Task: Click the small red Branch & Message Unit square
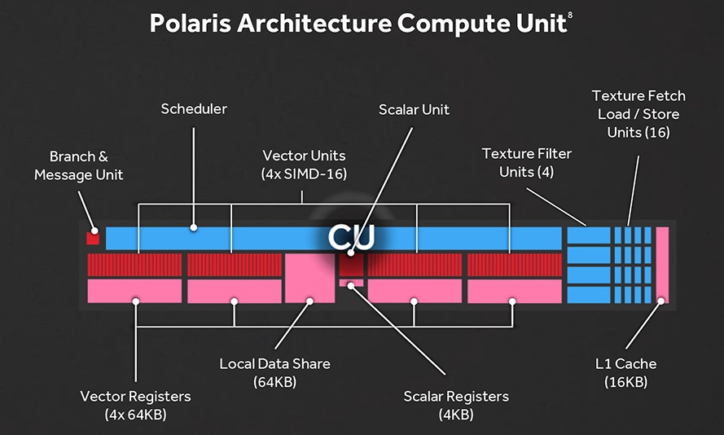pos(92,238)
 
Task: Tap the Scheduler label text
pos(193,108)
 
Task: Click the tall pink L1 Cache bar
pos(661,266)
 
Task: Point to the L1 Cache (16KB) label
pos(625,372)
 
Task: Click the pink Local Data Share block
pos(309,278)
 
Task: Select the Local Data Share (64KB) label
pos(275,372)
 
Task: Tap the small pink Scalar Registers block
pos(351,283)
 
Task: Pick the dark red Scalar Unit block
pos(351,264)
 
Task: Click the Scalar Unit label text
pos(414,109)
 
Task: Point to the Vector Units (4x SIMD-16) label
pos(304,164)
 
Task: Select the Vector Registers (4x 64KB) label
pos(135,405)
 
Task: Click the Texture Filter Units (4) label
pos(526,162)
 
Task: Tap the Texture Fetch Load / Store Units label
pos(638,114)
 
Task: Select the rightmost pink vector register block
pos(515,291)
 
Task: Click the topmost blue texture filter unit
pos(588,235)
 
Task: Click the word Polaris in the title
pos(192,24)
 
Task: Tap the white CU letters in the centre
pos(351,236)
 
